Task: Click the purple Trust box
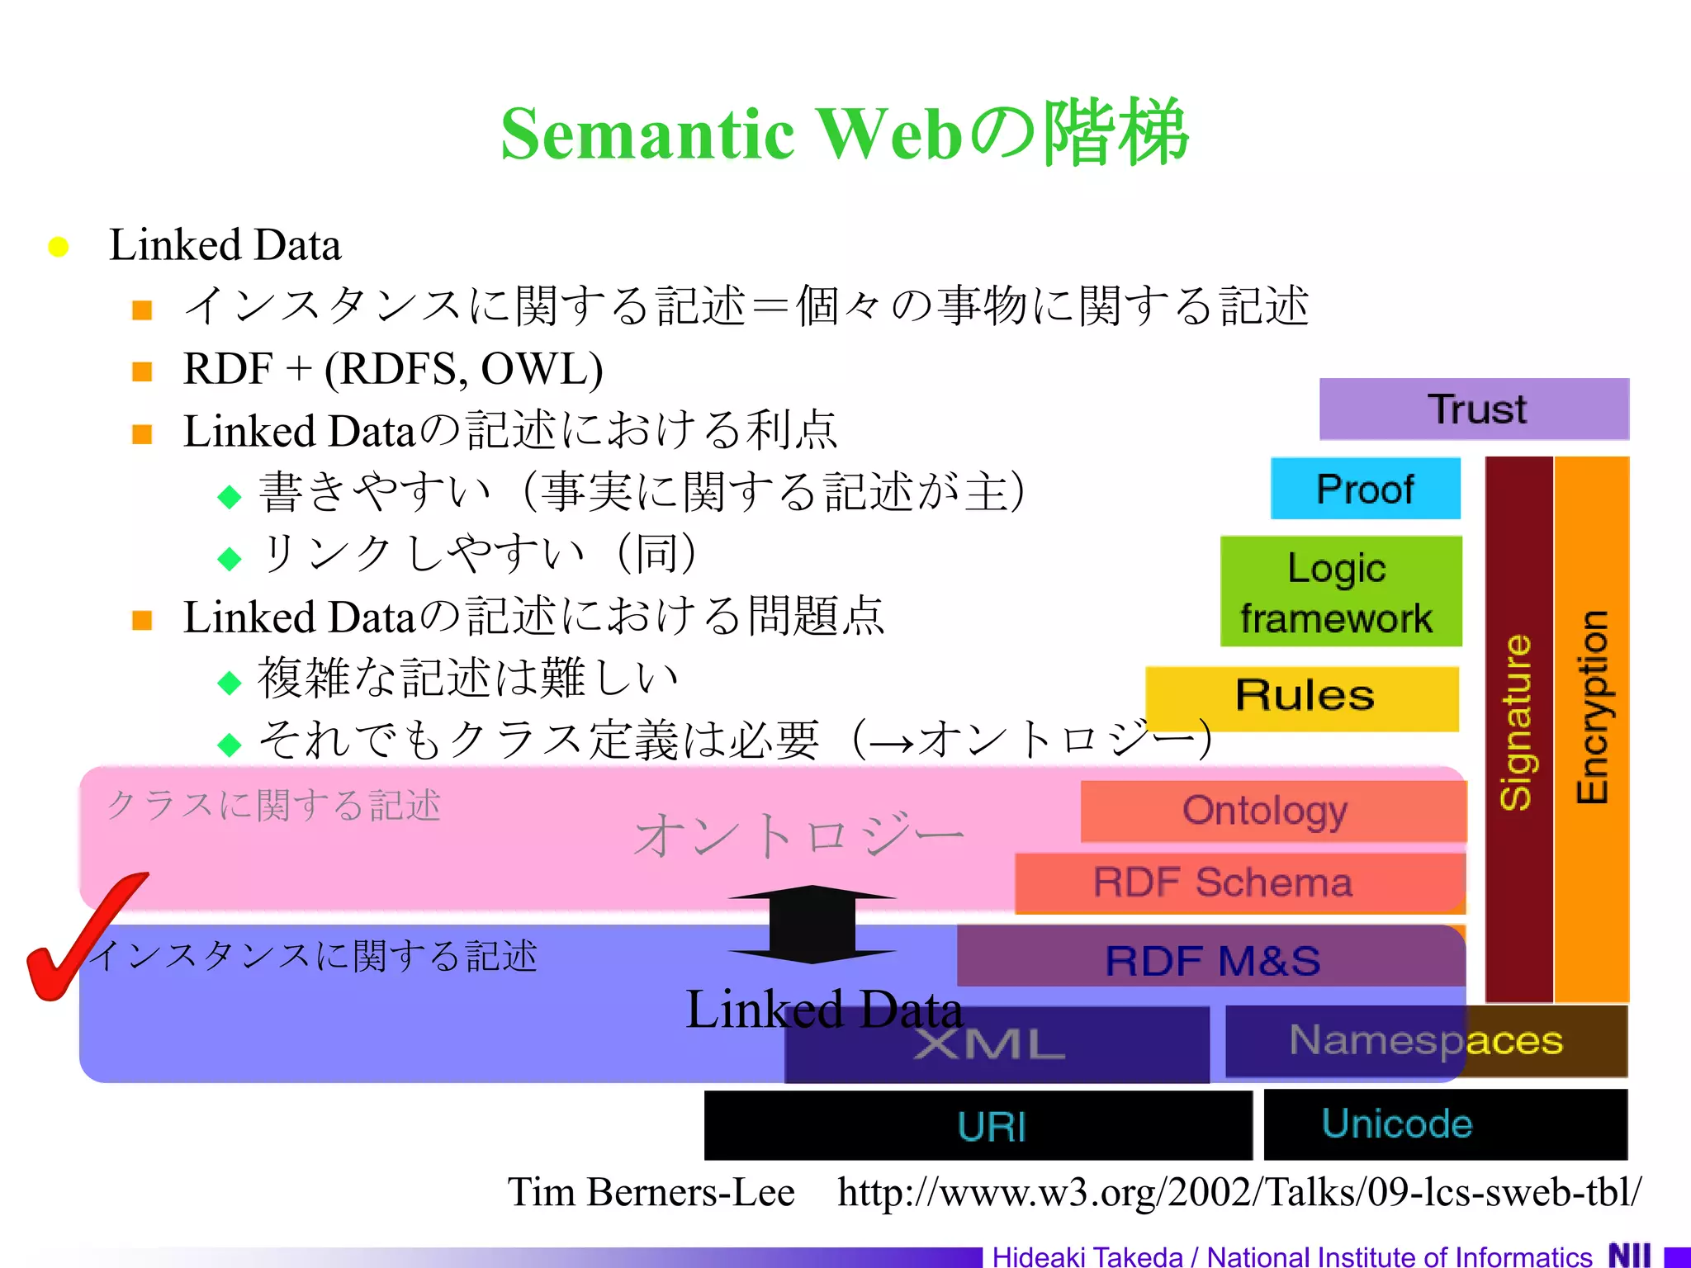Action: coord(1474,409)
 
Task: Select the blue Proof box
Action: coord(1365,488)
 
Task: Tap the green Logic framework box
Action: coord(1340,591)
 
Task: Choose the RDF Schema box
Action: coord(1239,882)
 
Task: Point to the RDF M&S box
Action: coord(1211,958)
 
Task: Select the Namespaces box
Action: coord(1426,1041)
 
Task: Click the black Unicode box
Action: coord(1445,1124)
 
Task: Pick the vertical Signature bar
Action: coord(1518,726)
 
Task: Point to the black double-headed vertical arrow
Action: coord(812,924)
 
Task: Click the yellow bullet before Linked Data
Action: coord(58,247)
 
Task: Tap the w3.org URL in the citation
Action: coord(1239,1192)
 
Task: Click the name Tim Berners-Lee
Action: coord(651,1192)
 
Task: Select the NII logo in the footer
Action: coord(1629,1255)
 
